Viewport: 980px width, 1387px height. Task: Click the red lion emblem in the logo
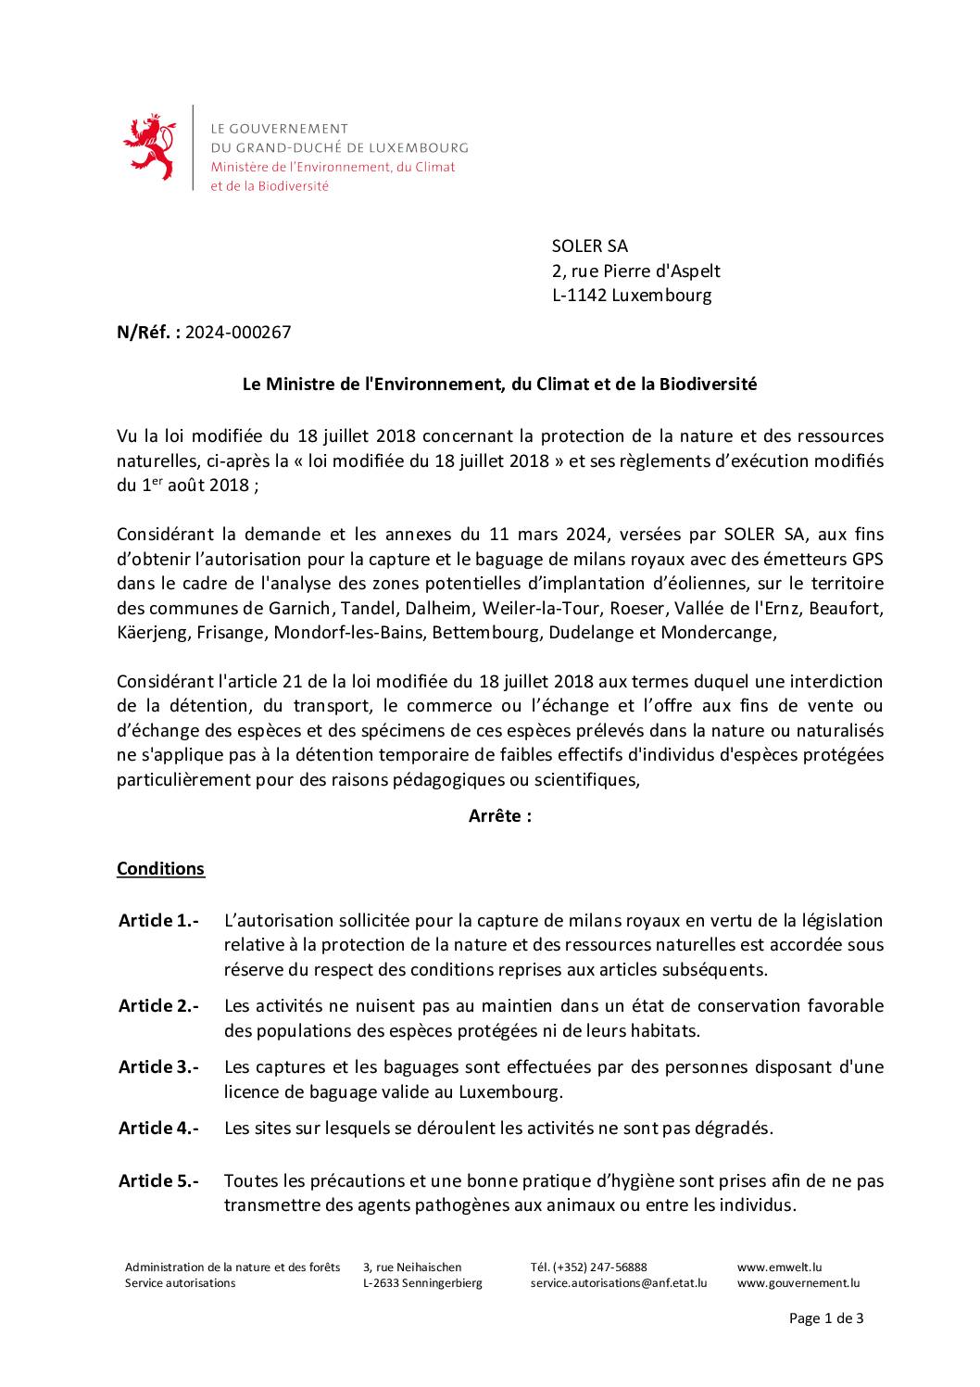[x=149, y=147]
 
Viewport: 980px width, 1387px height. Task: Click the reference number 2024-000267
[x=238, y=333]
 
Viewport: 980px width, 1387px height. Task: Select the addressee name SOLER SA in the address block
[x=589, y=246]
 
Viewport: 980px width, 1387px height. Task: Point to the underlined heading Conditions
[x=160, y=869]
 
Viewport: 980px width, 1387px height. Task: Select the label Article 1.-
[x=158, y=921]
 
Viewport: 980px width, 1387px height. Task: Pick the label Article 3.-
[x=158, y=1067]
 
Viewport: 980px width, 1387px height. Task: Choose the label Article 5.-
[x=158, y=1181]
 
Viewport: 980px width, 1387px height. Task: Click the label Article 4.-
[x=158, y=1129]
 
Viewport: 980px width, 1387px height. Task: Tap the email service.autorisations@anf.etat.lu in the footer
[x=618, y=1283]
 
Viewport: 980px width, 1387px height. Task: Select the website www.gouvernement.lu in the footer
[x=798, y=1283]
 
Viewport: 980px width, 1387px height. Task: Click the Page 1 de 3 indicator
[x=826, y=1318]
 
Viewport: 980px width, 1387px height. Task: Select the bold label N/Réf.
[x=148, y=333]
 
